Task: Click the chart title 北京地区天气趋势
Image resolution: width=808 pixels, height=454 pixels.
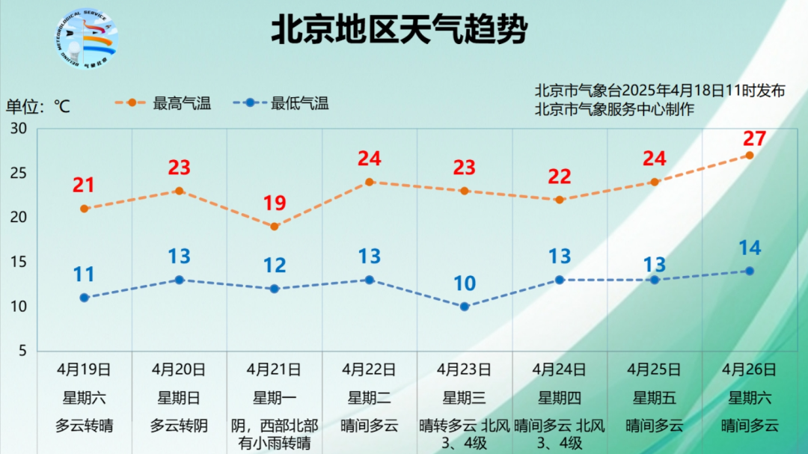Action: (x=399, y=31)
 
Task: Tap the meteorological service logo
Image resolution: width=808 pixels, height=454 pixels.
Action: (x=87, y=39)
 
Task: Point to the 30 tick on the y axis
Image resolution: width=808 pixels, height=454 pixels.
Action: (x=19, y=129)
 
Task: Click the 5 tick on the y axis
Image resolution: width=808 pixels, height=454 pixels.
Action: (x=22, y=351)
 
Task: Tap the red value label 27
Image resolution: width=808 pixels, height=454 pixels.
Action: (x=754, y=138)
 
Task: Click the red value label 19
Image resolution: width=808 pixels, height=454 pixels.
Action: (x=275, y=203)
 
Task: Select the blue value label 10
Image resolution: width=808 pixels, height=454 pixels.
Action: (x=464, y=283)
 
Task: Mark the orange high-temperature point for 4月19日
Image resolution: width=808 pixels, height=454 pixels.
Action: (x=85, y=209)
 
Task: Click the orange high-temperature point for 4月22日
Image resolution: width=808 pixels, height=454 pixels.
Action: (x=370, y=182)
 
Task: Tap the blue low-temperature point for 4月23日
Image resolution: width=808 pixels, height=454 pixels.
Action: (x=465, y=307)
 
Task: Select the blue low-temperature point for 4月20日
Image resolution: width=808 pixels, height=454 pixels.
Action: (x=180, y=280)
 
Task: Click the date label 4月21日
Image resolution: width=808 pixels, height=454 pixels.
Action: (x=274, y=369)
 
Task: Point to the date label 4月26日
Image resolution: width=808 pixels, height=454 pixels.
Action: (x=749, y=369)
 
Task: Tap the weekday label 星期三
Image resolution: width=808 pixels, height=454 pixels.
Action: (x=464, y=398)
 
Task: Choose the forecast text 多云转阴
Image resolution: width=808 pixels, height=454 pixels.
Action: (x=179, y=426)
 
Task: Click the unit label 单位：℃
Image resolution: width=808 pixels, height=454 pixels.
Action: (x=38, y=106)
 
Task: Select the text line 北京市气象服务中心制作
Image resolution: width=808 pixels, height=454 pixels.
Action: (x=614, y=109)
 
